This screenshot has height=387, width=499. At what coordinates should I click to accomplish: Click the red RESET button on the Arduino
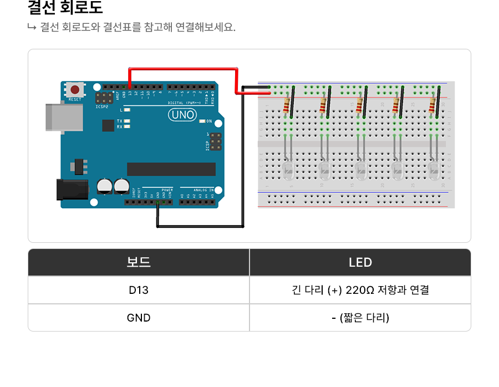[x=74, y=89]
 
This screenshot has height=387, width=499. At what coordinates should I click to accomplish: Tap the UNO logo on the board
[x=182, y=115]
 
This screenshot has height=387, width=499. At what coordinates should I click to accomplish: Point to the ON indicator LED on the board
[x=202, y=121]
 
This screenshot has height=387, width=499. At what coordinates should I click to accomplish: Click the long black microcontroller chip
[x=171, y=169]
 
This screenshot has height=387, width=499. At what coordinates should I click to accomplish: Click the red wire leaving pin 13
[x=183, y=69]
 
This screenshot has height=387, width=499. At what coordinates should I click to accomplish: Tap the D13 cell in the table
[x=139, y=290]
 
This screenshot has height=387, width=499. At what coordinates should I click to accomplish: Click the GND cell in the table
[x=139, y=318]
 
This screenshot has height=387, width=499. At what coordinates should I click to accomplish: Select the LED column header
[x=360, y=262]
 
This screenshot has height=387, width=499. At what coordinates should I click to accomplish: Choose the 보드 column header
[x=139, y=262]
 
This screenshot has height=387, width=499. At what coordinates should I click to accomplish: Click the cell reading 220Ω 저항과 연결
[x=360, y=290]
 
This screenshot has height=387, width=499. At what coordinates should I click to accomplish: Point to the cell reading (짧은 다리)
[x=360, y=318]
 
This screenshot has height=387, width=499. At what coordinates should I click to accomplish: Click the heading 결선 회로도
[x=65, y=8]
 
